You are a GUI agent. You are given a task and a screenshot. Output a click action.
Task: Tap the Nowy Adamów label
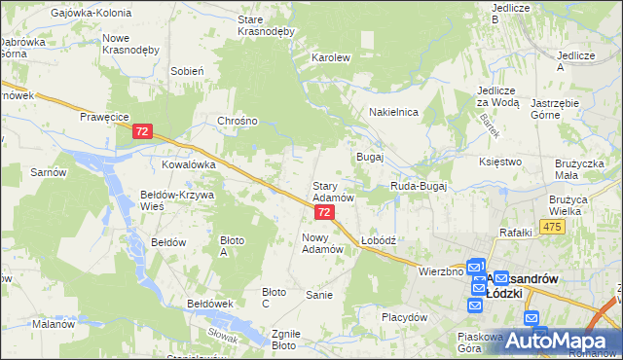point(323,242)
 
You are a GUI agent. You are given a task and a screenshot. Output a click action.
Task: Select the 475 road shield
point(552,227)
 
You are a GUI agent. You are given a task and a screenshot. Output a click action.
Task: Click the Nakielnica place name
point(393,112)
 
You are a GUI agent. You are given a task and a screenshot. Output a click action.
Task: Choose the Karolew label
point(330,57)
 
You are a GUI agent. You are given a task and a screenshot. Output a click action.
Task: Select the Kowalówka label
point(188,165)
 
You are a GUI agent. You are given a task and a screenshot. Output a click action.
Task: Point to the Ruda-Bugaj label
point(418,185)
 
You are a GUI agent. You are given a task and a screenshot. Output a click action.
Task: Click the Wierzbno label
point(441,271)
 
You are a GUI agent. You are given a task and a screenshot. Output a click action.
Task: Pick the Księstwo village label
point(501,162)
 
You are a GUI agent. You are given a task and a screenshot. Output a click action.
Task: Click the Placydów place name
point(405,317)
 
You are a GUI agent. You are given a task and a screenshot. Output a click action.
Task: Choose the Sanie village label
point(319,295)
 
